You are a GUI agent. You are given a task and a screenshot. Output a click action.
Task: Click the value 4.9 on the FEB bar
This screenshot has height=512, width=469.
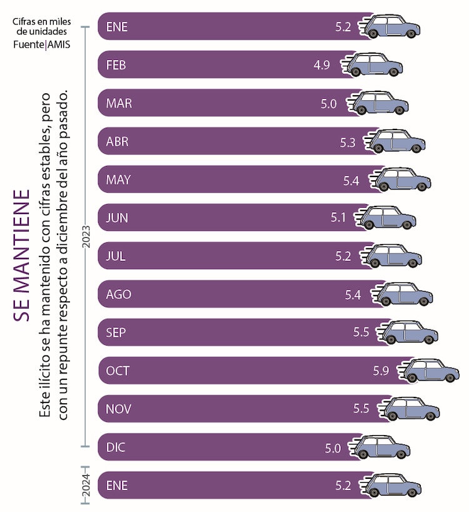click(x=322, y=64)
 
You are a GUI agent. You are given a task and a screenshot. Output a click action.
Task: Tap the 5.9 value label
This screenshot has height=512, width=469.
click(x=381, y=371)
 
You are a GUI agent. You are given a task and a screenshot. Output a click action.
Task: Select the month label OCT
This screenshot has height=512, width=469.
click(x=118, y=371)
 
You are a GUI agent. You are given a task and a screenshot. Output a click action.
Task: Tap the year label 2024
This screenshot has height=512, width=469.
click(x=86, y=485)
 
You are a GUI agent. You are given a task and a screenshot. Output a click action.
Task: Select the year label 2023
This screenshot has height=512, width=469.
click(x=86, y=237)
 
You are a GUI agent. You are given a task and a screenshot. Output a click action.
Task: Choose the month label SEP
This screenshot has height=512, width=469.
click(x=116, y=332)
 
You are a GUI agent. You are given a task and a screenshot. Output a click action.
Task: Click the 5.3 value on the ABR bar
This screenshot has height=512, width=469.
click(x=348, y=142)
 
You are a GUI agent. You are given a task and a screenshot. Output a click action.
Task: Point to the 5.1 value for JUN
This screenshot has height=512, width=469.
click(x=338, y=218)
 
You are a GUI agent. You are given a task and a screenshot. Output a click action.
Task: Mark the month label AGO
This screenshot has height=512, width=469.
click(x=119, y=294)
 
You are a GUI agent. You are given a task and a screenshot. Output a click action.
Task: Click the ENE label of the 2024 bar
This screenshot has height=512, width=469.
click(x=117, y=485)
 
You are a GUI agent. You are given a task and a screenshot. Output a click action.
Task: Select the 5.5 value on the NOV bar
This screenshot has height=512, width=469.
click(x=361, y=409)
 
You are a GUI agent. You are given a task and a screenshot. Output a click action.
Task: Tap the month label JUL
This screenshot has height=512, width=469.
click(x=116, y=256)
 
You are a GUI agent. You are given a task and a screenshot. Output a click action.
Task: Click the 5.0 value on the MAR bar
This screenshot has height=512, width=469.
click(x=329, y=103)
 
